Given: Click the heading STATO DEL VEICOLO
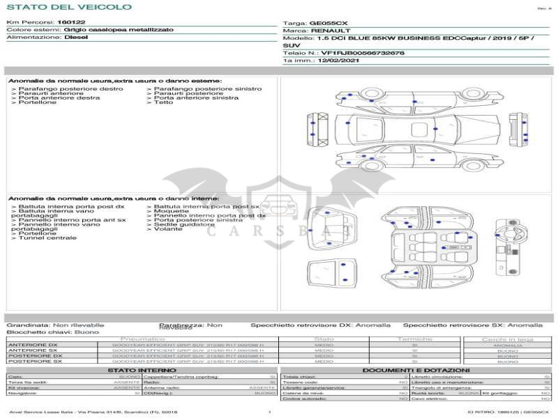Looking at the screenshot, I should point(68,7).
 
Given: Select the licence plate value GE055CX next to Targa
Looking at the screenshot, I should point(329,23).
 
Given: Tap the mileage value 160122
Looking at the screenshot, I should point(71,23).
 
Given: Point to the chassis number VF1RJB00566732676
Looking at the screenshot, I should point(362,53).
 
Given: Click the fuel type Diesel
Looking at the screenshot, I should point(76,38).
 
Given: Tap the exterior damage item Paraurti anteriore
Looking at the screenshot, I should point(50,93).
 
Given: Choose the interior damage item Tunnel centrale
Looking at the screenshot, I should point(47,238).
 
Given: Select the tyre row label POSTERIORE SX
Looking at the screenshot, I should point(33,362).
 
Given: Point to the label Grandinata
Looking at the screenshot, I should point(27,325).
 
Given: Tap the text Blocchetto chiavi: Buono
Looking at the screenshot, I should point(53,332).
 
